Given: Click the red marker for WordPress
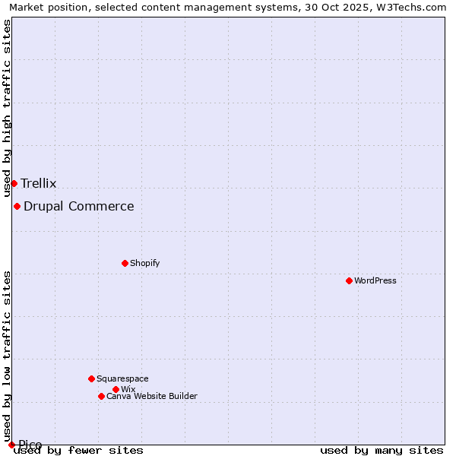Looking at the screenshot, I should (x=349, y=280).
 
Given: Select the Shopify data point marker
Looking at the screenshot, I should (x=125, y=263).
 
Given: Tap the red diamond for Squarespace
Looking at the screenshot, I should (x=91, y=378).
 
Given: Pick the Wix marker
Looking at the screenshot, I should (x=116, y=389).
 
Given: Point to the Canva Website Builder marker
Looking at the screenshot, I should (x=101, y=396).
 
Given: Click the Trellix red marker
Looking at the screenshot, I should (x=14, y=183).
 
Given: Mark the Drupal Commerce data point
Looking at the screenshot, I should (x=17, y=206).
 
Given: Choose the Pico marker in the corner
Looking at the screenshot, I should (x=11, y=445).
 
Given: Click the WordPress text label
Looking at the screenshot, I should (x=375, y=280).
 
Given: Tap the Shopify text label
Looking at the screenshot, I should (x=144, y=263).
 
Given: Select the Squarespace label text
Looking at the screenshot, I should (x=122, y=378).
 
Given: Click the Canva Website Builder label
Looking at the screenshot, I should (x=152, y=396).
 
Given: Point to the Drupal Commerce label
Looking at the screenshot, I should (x=79, y=206).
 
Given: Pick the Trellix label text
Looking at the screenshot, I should (x=39, y=183).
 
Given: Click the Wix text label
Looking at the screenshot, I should (x=128, y=389).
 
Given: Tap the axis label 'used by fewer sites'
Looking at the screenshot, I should (x=79, y=450).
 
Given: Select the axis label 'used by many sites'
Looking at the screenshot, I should (x=382, y=450).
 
